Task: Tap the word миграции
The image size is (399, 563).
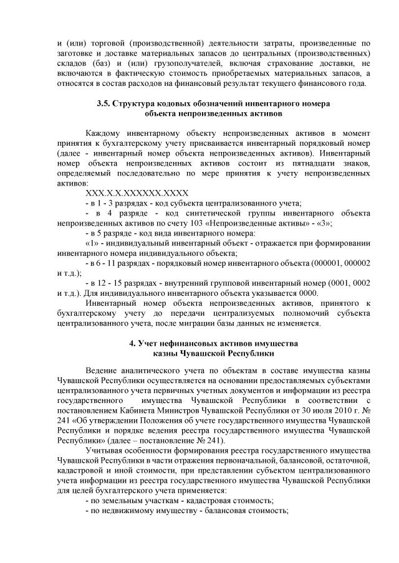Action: [198, 323]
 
